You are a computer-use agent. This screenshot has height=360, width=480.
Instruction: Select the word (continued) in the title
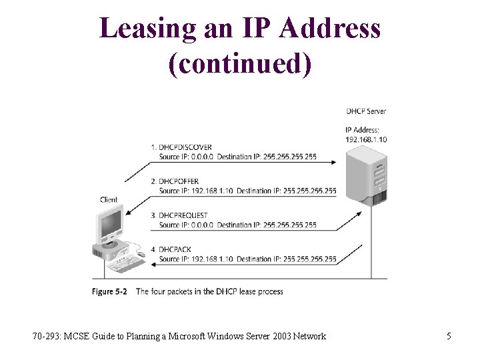click(x=240, y=63)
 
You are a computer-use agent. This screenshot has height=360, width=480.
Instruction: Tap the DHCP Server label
click(x=366, y=111)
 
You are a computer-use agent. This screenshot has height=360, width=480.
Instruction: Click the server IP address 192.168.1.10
click(x=366, y=140)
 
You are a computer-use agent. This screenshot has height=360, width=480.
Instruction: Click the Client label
click(x=109, y=199)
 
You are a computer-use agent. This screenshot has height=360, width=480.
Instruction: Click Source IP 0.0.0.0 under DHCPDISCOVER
click(x=187, y=157)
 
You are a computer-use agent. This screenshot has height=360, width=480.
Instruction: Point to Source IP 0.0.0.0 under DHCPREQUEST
click(x=187, y=225)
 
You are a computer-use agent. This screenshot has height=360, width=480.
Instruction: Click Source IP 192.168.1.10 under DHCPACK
click(x=196, y=259)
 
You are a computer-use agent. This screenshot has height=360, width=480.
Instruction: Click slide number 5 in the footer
click(x=449, y=336)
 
